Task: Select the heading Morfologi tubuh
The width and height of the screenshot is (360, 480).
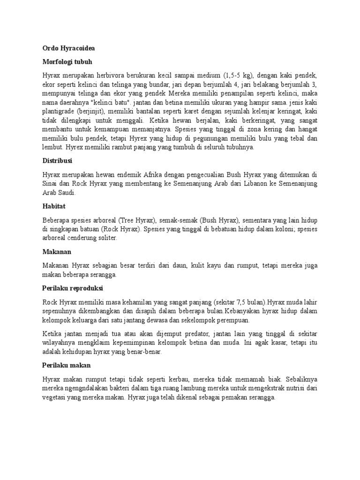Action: click(67, 61)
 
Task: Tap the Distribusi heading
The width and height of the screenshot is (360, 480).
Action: click(57, 160)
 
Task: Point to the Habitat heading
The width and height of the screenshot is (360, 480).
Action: click(54, 206)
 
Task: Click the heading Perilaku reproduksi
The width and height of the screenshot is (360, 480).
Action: click(73, 287)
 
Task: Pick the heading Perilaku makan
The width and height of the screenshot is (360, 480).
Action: click(67, 364)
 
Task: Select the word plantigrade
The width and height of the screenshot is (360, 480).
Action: click(60, 111)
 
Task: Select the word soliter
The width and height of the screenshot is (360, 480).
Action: click(106, 238)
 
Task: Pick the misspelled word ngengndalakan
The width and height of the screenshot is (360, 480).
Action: click(88, 387)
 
